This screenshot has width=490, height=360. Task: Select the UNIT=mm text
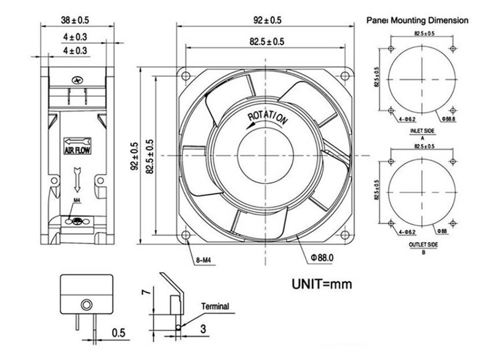[x=322, y=284]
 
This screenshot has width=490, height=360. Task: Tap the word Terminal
[x=215, y=306]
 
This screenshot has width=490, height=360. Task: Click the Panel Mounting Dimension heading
[x=418, y=20]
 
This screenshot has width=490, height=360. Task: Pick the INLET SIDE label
[x=423, y=130]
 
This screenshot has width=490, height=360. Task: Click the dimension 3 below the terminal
[x=203, y=329]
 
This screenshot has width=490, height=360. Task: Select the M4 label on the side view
[x=77, y=201]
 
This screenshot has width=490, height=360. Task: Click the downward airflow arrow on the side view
[x=78, y=178]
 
